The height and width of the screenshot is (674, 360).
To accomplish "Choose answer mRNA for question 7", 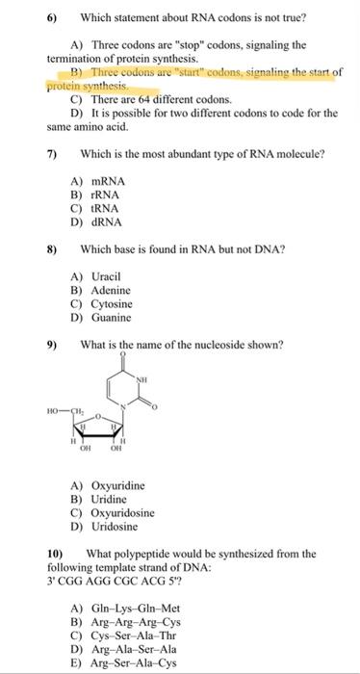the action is click(111, 180).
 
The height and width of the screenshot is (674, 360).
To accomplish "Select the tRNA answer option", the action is click(109, 207).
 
